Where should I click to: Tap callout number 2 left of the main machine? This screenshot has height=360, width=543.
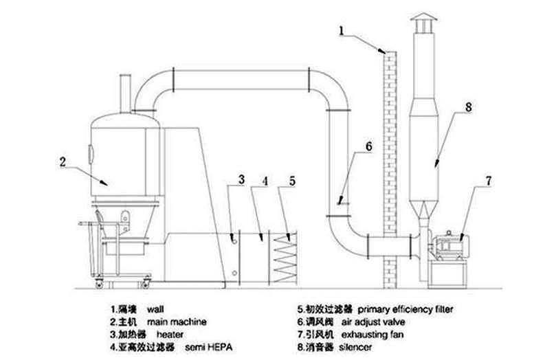[63, 162]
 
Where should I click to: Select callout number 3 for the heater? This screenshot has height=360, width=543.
[241, 180]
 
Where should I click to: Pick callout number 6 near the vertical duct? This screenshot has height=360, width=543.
[368, 146]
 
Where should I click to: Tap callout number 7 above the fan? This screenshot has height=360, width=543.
[488, 181]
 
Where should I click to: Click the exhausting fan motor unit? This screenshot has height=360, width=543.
[450, 247]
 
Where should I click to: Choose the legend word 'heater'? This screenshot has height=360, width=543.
[168, 333]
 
